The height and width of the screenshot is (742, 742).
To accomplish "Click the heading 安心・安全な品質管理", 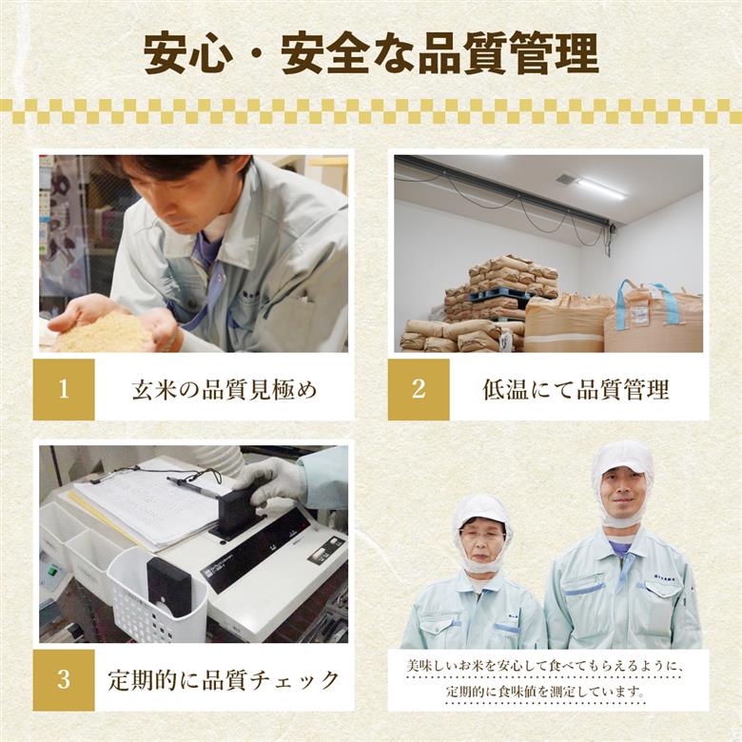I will [x=371, y=54].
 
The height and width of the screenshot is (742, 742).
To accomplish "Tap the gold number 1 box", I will [x=64, y=389].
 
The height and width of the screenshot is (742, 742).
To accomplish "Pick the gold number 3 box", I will [x=64, y=679].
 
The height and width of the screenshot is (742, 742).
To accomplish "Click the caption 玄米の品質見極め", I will [x=224, y=390].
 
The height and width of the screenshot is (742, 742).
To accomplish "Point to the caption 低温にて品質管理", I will [x=576, y=390].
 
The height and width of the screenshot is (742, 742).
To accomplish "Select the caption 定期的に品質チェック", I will [x=224, y=680].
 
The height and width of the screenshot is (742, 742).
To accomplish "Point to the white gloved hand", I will [x=271, y=480].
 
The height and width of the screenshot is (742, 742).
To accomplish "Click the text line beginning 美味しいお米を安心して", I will [x=546, y=667].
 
